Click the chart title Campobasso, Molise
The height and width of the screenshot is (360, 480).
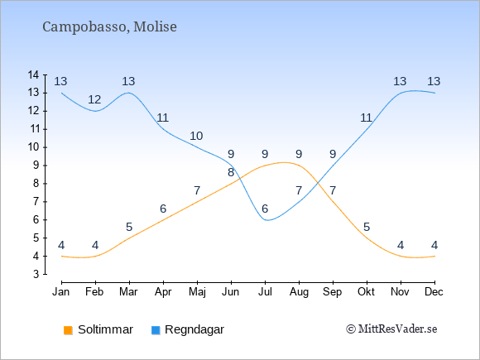109,26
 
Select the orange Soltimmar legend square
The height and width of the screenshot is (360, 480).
68,330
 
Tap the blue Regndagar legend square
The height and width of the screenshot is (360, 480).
156,330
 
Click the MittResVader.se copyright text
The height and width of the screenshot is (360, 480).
391,329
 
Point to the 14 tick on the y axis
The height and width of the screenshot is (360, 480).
33,74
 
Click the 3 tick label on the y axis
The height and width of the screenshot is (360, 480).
36,274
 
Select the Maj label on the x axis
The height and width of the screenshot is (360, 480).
197,292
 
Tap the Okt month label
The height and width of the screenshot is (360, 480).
367,292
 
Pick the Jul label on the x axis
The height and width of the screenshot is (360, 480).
265,292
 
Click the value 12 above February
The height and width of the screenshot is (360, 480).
94,99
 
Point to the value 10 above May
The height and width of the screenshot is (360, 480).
196,136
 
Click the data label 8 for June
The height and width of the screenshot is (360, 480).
231,173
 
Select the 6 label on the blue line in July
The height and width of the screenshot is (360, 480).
265,209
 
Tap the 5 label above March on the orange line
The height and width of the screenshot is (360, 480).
129,227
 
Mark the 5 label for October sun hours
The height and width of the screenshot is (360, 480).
367,227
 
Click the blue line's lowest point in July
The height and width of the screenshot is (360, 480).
267,220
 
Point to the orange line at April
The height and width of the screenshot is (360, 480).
164,220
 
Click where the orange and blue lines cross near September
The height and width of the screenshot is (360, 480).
318,183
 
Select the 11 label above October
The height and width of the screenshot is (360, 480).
367,118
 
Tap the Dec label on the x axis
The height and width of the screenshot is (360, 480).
434,292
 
